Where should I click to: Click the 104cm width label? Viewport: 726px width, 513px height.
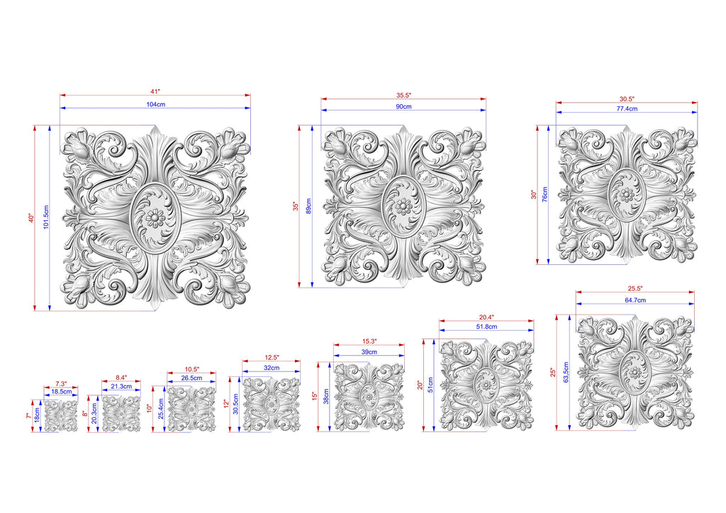coord(155,105)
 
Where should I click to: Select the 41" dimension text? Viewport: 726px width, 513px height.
coord(155,91)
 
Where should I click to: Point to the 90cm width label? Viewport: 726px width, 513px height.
coord(403,106)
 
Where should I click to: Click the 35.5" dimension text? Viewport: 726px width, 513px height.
coord(403,95)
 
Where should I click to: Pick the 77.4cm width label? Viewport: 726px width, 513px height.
coord(627,108)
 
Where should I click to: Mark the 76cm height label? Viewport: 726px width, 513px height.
coord(544,194)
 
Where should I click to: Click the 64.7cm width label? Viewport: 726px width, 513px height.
coord(635,300)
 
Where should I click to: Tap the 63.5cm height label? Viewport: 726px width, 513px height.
coord(566,373)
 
